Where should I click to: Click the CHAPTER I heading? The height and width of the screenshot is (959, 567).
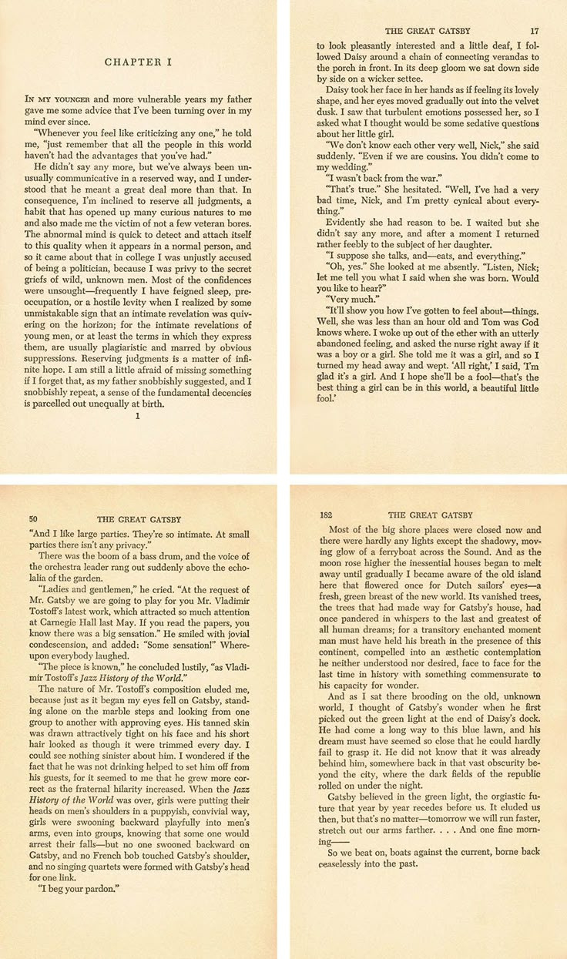(x=138, y=61)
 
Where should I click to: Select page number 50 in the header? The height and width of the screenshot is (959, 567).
(x=32, y=517)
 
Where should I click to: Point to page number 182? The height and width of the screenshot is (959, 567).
(x=327, y=515)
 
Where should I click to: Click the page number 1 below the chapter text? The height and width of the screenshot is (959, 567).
(x=137, y=417)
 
